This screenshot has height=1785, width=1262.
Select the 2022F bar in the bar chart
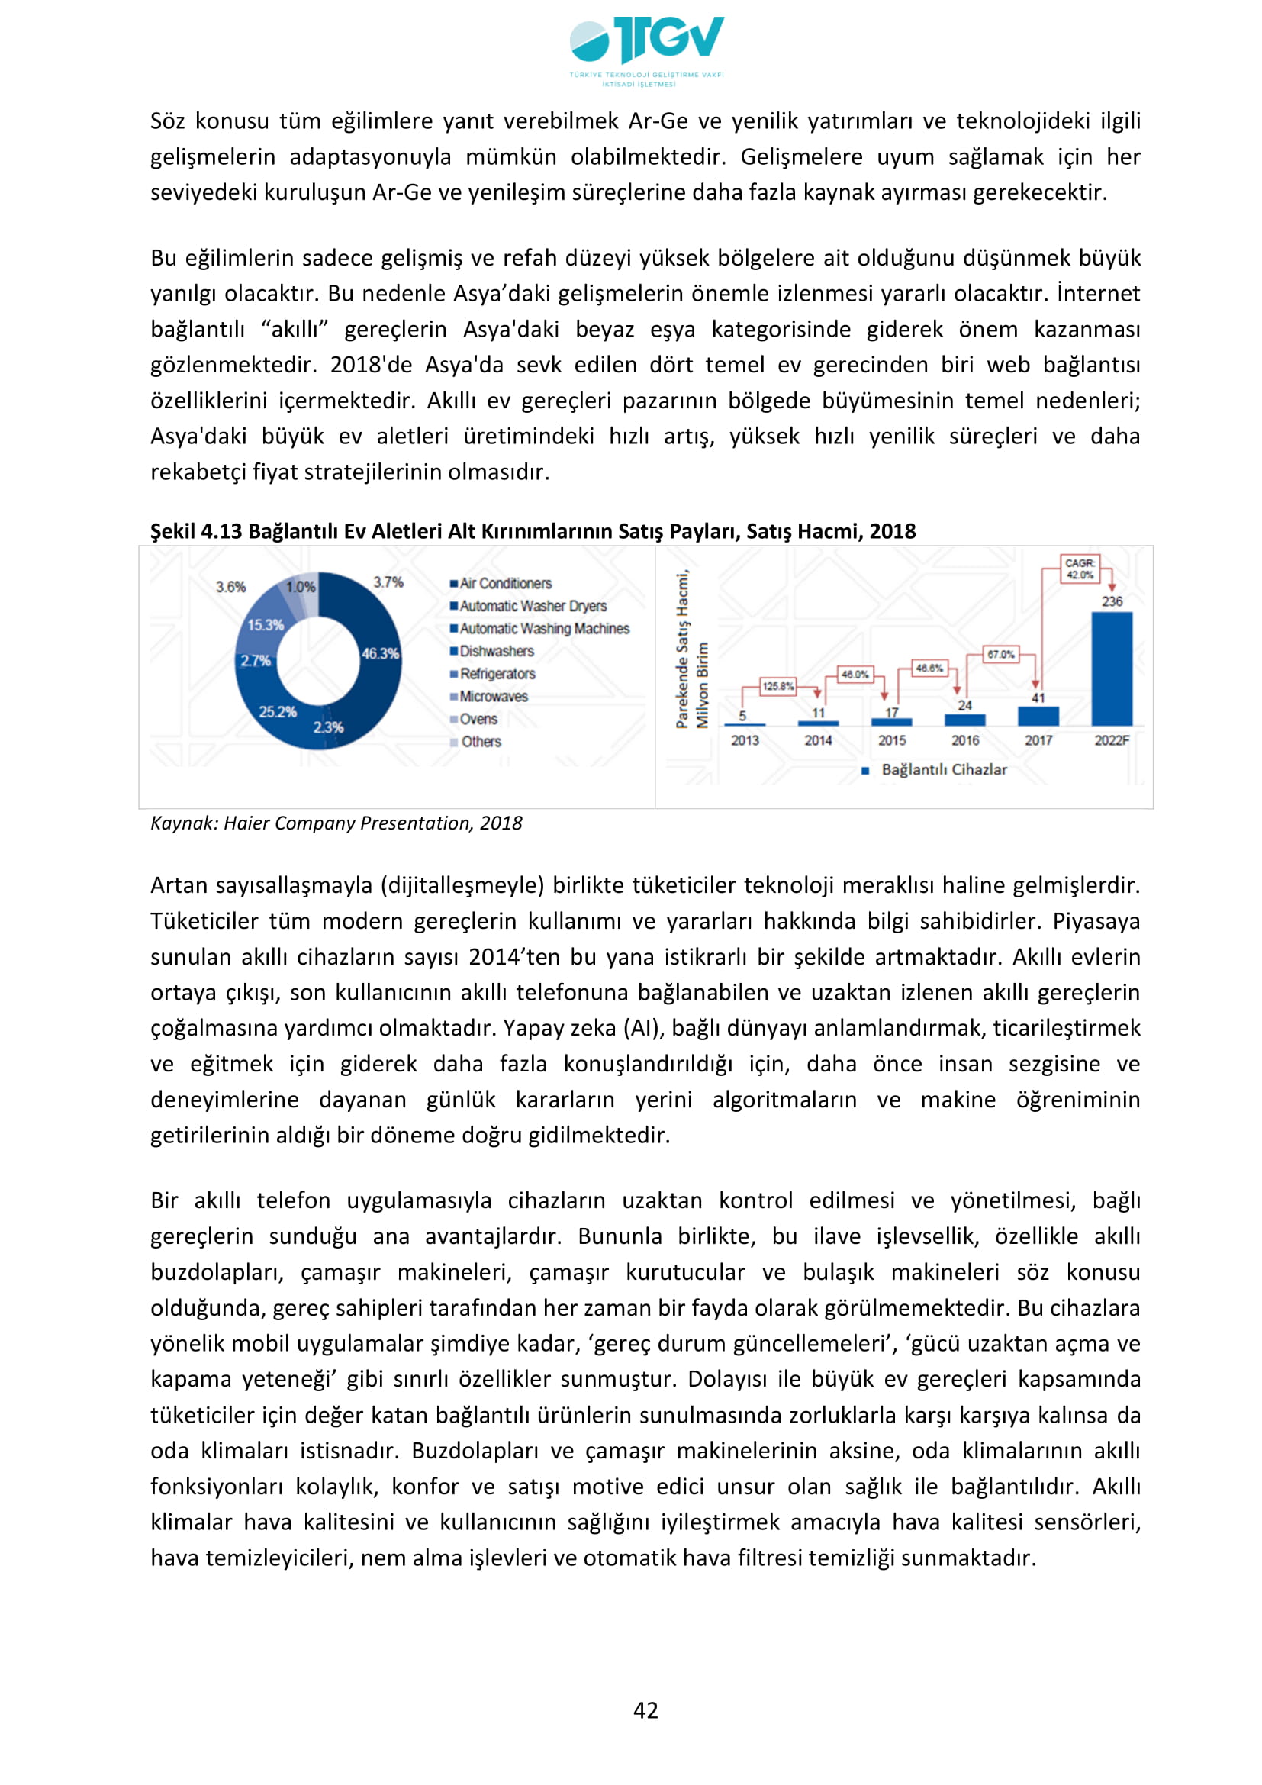[1111, 669]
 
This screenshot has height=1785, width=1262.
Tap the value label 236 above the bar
[1111, 601]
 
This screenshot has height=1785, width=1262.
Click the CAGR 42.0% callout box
[1080, 569]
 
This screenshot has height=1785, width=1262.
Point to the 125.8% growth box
[777, 686]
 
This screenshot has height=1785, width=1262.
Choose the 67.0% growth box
[1000, 654]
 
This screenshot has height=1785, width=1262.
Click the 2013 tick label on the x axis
[745, 740]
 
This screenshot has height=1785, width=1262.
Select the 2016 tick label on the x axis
[965, 740]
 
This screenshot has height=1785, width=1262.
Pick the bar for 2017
[1038, 715]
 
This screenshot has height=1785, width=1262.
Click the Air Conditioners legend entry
[505, 583]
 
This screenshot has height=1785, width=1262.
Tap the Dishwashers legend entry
[497, 651]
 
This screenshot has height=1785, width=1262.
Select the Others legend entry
[481, 742]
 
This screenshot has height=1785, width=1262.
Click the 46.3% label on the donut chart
[380, 653]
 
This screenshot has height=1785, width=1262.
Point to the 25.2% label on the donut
[278, 711]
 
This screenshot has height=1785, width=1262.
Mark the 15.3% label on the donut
[265, 624]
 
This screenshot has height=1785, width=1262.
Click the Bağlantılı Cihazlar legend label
[943, 770]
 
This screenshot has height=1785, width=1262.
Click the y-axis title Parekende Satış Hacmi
[682, 650]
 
